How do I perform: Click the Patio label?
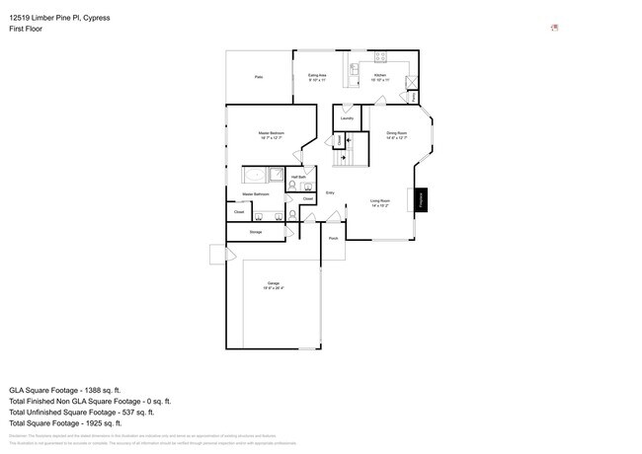[x=259, y=76]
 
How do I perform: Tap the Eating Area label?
[x=317, y=77]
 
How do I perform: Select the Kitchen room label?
[x=380, y=76]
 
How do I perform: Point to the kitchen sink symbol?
[x=355, y=71]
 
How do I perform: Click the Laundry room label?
[x=347, y=118]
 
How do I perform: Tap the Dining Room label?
[x=397, y=134]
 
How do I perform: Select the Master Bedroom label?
[x=272, y=134]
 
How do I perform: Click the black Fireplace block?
[x=420, y=200]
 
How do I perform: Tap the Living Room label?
[x=380, y=203]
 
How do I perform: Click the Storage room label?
[x=256, y=232]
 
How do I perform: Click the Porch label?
[x=333, y=238]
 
